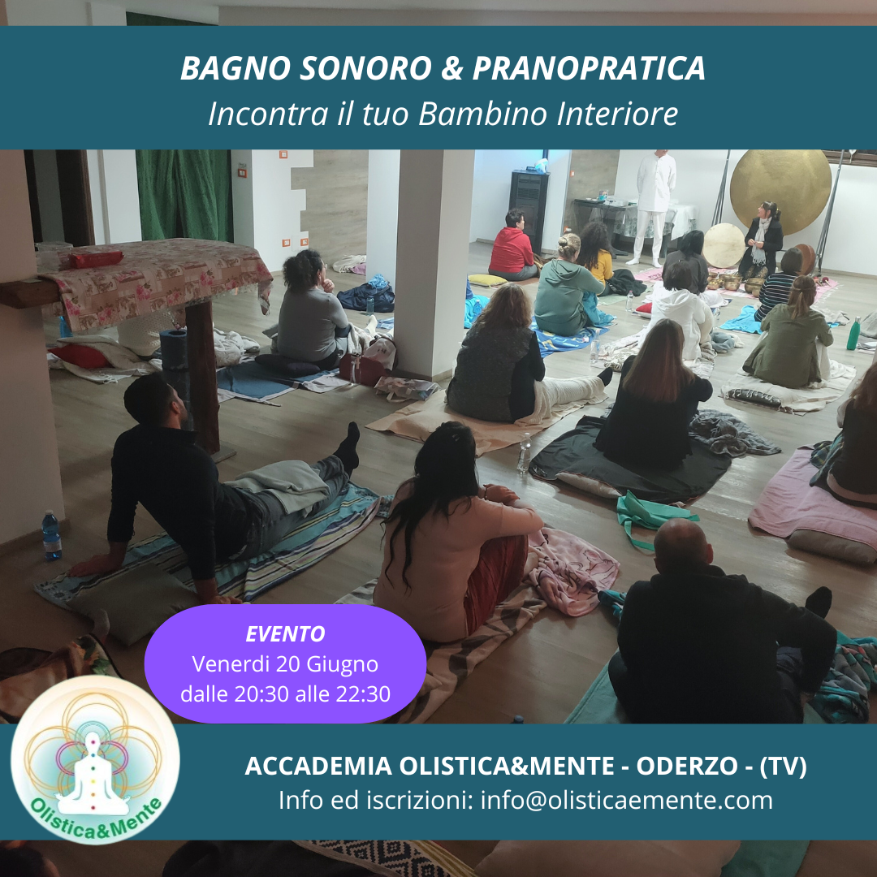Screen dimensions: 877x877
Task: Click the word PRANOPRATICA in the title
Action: (589, 68)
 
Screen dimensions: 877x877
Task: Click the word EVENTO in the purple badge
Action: (285, 633)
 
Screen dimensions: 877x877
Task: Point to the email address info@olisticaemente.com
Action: (626, 800)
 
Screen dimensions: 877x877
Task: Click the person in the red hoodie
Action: (512, 246)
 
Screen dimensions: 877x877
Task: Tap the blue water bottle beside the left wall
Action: (51, 535)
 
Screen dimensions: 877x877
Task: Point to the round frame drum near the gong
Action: (724, 245)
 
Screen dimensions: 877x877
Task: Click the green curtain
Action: (184, 195)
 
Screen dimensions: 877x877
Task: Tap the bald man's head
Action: (682, 546)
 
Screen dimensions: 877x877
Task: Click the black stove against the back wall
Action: (528, 210)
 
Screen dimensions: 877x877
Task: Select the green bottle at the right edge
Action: (853, 334)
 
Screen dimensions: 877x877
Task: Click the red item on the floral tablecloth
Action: (95, 259)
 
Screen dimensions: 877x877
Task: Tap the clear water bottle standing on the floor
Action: (524, 453)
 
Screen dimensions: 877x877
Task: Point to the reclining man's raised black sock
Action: (348, 447)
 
